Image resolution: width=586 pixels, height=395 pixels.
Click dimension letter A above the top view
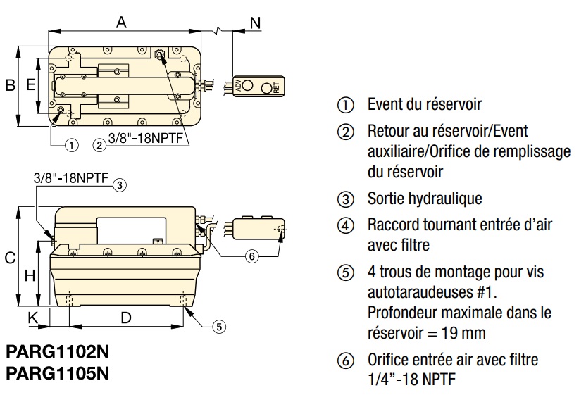121,23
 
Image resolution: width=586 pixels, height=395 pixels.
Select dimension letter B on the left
10,85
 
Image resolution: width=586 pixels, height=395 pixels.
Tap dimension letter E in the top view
30,85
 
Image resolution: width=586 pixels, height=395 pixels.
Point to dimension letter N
254,23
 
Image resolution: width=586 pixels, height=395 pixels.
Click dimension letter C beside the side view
10,258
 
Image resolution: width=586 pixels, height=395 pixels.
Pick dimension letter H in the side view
30,276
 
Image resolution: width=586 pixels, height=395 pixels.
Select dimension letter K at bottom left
32,318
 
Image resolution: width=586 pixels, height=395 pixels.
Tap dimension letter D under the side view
125,318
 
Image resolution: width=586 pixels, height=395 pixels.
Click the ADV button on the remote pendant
248,87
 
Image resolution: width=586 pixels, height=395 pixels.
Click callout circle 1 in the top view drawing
70,145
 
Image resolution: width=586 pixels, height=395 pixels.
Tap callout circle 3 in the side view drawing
120,185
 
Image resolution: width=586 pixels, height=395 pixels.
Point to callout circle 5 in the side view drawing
219,326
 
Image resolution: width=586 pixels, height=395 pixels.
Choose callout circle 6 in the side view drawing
251,256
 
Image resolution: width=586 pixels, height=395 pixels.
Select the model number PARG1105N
58,371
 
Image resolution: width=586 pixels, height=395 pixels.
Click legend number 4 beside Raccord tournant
345,226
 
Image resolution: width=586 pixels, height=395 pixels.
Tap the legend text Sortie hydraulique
425,199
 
